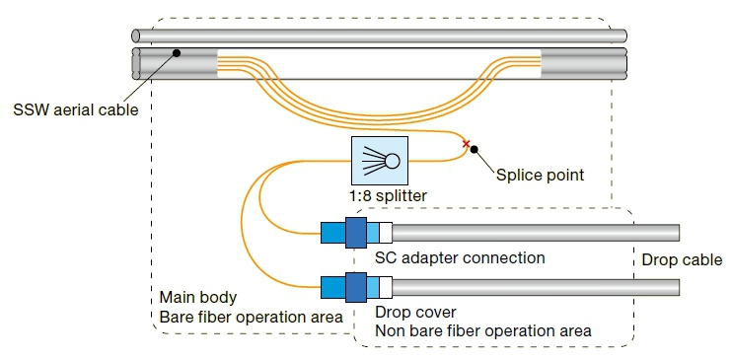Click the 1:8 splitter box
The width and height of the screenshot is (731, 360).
coord(381,160)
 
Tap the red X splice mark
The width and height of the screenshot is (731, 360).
coord(466,144)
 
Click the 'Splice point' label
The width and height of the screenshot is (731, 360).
coord(539,175)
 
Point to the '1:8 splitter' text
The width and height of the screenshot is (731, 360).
coord(389,196)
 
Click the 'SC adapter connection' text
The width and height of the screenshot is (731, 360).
coord(459,258)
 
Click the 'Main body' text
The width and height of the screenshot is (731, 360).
coord(199,297)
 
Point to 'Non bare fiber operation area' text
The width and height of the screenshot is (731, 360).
coord(482,331)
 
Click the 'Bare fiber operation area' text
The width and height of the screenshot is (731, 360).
coord(251,317)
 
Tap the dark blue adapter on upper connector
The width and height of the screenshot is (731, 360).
coord(356,233)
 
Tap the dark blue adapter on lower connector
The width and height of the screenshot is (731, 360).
coord(356,287)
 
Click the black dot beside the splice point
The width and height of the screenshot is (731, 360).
coord(475,150)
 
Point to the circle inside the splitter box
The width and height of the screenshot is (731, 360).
coord(392,161)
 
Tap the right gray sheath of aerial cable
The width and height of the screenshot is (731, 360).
coord(582,64)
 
